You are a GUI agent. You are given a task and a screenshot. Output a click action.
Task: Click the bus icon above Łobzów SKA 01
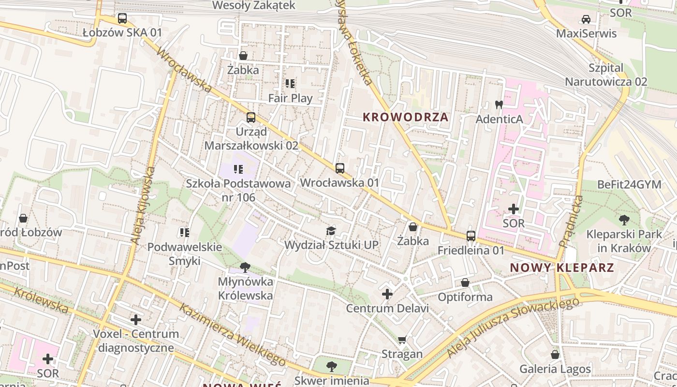click(x=122, y=19)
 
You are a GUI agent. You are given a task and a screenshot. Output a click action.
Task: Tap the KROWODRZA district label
click(x=406, y=117)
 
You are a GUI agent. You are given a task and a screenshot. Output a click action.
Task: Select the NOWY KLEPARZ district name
click(x=562, y=268)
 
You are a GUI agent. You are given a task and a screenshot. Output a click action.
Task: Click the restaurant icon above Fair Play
click(x=290, y=84)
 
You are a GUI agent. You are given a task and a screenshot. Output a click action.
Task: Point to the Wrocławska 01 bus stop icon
click(x=340, y=168)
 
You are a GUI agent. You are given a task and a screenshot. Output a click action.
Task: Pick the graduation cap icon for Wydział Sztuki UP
click(x=331, y=231)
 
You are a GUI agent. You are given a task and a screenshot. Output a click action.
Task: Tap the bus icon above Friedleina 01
click(x=471, y=236)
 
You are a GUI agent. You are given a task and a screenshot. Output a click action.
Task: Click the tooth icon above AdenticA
click(x=500, y=104)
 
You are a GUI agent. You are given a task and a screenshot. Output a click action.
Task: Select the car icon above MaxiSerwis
click(x=586, y=19)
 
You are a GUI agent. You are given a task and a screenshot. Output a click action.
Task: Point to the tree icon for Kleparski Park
click(x=624, y=220)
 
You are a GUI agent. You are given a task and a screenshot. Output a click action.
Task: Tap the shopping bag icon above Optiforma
click(x=465, y=283)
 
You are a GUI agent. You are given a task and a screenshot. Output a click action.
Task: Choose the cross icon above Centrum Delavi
click(x=387, y=294)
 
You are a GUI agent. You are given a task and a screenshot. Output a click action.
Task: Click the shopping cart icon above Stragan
click(x=402, y=340)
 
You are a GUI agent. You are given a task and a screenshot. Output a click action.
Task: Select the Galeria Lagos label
click(x=555, y=369)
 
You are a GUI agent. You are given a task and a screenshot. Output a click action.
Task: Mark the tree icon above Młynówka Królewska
click(x=245, y=267)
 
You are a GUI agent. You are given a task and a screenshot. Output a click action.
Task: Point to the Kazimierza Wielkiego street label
click(x=233, y=334)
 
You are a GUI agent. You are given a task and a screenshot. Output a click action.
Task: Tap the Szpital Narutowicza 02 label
click(x=606, y=74)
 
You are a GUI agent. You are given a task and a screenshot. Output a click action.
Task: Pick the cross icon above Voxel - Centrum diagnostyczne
click(x=136, y=319)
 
